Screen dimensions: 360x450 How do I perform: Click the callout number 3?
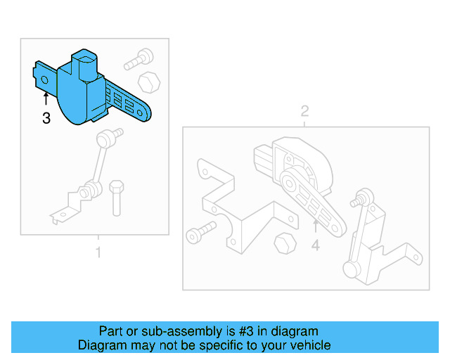click(x=46, y=119)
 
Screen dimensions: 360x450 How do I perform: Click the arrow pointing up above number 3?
click(x=46, y=100)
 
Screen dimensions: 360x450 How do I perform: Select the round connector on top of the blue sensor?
click(x=84, y=63)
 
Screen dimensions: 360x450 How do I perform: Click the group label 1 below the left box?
click(x=98, y=252)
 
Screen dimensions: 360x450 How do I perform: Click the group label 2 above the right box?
click(x=304, y=111)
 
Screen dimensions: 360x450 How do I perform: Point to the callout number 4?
click(x=316, y=245)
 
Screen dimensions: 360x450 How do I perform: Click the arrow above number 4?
click(x=316, y=226)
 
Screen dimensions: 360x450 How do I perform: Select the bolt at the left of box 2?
click(x=198, y=233)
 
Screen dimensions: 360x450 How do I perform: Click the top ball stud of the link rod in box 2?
click(x=366, y=194)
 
